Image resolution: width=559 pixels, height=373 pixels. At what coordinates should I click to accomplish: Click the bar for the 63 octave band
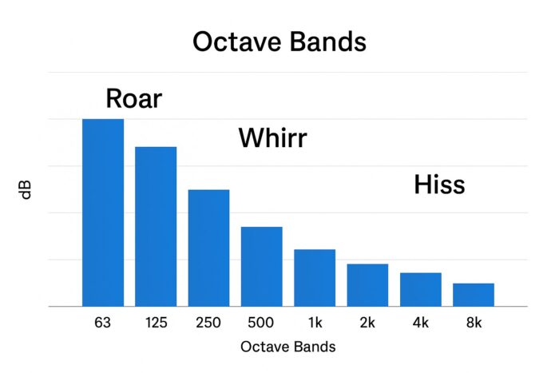103,212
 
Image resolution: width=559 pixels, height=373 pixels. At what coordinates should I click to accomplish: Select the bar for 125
156,227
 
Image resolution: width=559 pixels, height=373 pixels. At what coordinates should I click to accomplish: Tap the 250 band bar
208,248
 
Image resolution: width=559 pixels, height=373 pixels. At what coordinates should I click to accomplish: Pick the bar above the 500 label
262,267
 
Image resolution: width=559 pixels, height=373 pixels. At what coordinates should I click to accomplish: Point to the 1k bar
315,278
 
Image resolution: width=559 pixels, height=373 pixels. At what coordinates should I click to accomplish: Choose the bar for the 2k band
367,285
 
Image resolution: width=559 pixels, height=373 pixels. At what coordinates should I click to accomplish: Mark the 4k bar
421,290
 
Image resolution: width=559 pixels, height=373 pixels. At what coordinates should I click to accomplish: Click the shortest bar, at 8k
474,295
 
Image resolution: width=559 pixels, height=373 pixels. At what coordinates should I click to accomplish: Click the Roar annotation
134,98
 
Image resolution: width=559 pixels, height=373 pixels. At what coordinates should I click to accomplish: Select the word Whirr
273,137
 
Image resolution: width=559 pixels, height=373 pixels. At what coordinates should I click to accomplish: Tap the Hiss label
439,185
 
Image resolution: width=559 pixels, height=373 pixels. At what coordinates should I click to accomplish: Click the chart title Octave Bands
279,42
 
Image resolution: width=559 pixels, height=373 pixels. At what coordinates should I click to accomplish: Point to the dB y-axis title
26,190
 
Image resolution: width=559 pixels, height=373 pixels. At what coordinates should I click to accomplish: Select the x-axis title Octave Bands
288,347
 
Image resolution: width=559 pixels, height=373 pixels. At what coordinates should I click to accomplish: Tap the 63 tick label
103,323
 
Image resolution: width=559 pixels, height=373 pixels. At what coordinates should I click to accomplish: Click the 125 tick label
157,323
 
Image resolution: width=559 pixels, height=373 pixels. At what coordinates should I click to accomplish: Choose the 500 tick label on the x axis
261,323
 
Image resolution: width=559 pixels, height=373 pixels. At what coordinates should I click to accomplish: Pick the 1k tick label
315,323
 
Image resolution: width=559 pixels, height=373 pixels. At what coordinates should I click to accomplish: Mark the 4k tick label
421,323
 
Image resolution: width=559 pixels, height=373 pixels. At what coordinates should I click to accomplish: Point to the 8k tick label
474,323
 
